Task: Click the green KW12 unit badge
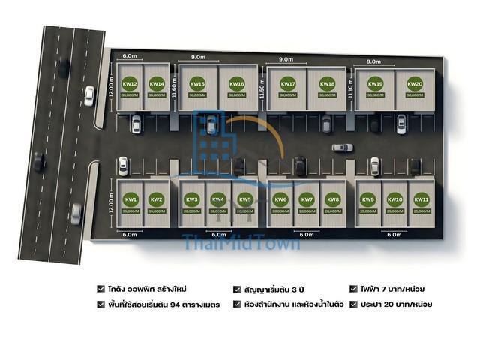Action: click(x=130, y=84)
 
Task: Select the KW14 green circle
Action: click(x=157, y=84)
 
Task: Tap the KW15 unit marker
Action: click(x=198, y=84)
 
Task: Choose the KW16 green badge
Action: click(x=237, y=84)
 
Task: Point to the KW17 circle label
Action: click(x=288, y=84)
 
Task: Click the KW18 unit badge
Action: click(x=327, y=84)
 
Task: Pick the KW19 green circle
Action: click(x=376, y=84)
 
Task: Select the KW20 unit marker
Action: click(x=415, y=84)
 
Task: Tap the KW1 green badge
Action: click(x=130, y=199)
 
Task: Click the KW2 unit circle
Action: click(x=157, y=199)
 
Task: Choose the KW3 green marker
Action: click(x=192, y=199)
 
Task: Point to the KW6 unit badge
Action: click(x=280, y=199)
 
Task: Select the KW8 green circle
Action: click(x=333, y=199)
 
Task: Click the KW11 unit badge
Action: click(x=421, y=199)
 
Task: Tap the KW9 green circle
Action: click(x=368, y=199)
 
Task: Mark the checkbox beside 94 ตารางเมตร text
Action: click(x=101, y=304)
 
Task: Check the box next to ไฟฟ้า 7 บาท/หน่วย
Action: click(x=353, y=288)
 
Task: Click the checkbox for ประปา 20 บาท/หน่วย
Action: click(x=353, y=304)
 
